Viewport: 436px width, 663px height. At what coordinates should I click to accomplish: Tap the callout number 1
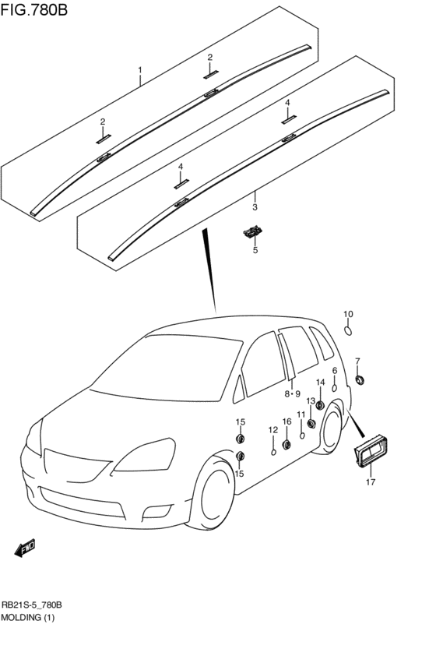point(140,70)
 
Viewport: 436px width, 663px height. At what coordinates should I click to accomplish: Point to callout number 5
point(254,250)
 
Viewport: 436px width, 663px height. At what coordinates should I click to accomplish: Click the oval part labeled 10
point(348,330)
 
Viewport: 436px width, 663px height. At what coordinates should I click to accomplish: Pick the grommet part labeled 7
point(360,379)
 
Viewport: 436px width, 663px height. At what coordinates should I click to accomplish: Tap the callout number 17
point(371,482)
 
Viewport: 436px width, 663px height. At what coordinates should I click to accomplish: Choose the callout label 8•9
point(292,394)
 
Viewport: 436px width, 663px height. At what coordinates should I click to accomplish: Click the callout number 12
point(273,429)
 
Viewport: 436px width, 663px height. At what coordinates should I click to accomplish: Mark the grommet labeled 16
point(287,444)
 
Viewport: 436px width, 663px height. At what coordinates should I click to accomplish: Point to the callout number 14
point(320,383)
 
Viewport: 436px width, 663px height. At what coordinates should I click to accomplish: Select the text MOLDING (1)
point(27,618)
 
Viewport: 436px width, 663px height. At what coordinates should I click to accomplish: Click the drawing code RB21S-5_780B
point(33,605)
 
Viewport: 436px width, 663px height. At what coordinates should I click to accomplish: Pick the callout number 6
point(335,371)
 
